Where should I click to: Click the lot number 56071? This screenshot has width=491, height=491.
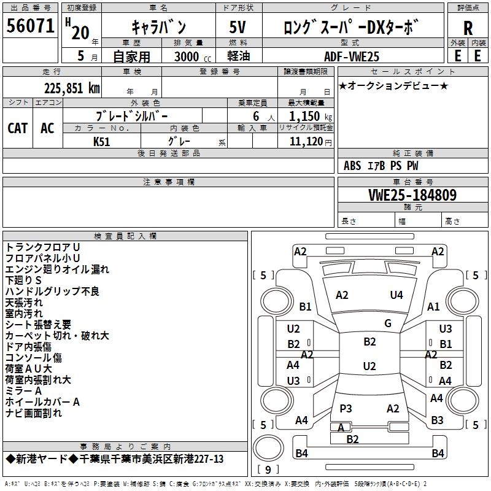(30, 26)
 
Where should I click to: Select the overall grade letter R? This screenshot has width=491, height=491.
(468, 28)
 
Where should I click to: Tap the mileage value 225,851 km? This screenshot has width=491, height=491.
(72, 88)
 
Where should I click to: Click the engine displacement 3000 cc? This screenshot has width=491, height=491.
(193, 56)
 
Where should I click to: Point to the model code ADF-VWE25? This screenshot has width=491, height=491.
(351, 56)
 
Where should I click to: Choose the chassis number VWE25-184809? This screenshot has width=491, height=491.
(412, 195)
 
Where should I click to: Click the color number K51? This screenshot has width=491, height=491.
(101, 142)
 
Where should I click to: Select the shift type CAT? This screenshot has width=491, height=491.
(18, 128)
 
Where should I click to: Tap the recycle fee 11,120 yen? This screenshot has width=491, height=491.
(311, 142)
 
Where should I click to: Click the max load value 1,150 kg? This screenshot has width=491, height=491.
(311, 116)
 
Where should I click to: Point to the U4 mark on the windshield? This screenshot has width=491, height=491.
(396, 295)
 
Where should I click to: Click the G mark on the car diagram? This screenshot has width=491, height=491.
(388, 323)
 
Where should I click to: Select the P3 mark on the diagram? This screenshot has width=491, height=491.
(346, 408)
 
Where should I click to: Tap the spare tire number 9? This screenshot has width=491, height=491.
(268, 470)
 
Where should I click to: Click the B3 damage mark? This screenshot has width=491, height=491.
(437, 420)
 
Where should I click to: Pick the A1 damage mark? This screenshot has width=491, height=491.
(433, 306)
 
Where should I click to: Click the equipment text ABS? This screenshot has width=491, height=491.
(352, 166)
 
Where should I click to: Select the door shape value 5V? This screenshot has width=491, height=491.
(238, 27)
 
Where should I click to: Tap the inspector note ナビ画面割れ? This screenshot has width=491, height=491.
(34, 413)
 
